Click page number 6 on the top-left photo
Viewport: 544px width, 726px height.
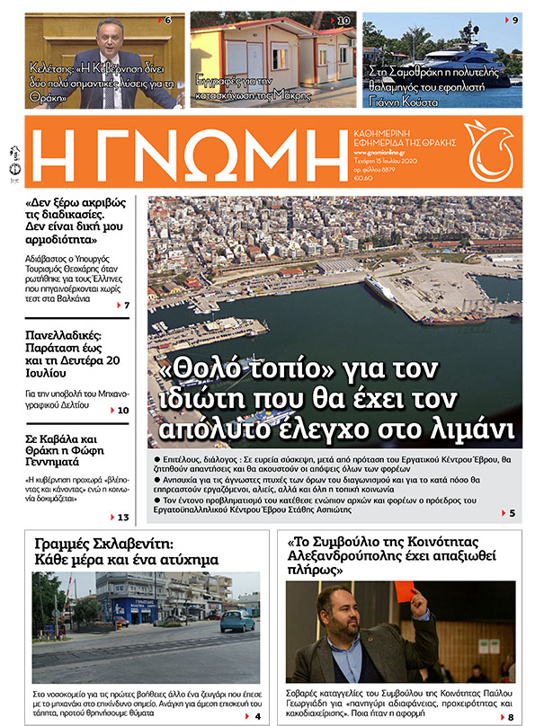168,20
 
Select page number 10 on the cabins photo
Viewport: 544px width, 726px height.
344,20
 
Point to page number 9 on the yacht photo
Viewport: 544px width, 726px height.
514,20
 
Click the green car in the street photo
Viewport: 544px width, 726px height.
236,621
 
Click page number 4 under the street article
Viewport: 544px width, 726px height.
258,716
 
